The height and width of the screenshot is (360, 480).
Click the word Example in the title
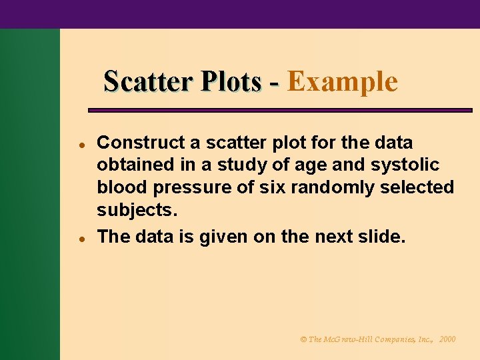point(343,82)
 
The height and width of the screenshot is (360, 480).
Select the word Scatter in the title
point(146,82)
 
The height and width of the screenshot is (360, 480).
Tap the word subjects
point(137,211)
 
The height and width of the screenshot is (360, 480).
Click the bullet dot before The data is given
point(79,237)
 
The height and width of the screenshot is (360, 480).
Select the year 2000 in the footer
point(447,339)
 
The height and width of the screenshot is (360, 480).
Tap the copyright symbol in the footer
point(303,339)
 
